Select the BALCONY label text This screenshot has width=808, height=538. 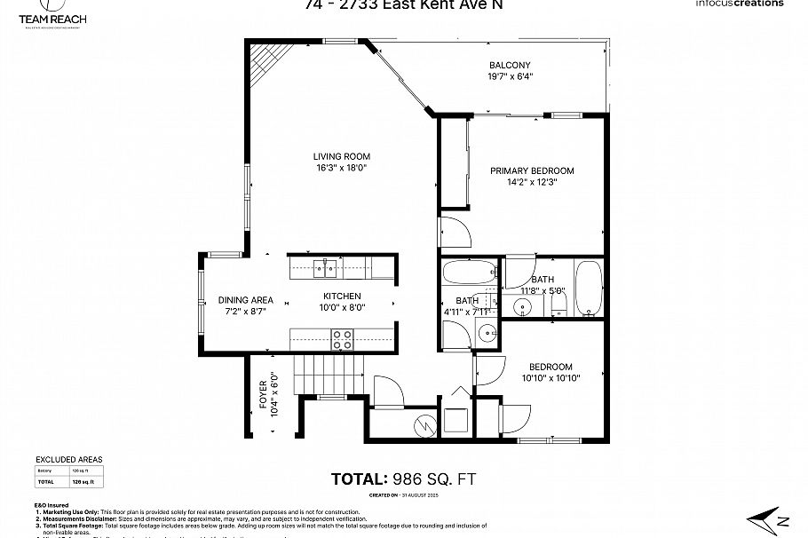(x=510, y=65)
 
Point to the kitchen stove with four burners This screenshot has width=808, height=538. (x=342, y=337)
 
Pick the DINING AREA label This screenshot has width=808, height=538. (x=245, y=300)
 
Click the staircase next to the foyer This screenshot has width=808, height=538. (x=330, y=371)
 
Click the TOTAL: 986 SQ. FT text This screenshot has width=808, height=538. (x=404, y=479)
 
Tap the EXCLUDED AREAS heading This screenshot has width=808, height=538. (x=68, y=459)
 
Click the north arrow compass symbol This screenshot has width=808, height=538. (x=764, y=518)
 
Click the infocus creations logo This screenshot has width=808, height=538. (x=741, y=4)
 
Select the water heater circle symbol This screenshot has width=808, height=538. (x=425, y=427)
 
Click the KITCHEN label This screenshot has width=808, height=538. (x=342, y=296)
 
